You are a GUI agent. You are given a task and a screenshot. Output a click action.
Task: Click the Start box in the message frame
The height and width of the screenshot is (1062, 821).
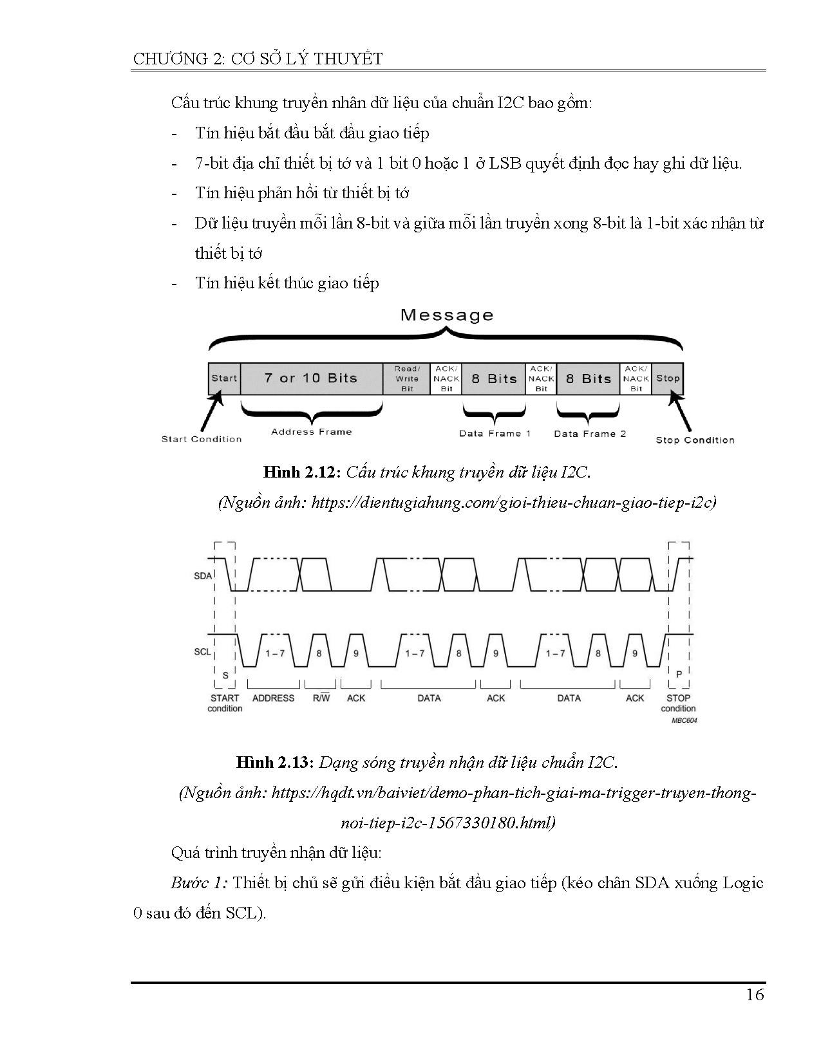(x=224, y=378)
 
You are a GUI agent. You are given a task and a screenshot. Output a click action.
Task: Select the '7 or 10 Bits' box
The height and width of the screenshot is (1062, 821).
(x=311, y=378)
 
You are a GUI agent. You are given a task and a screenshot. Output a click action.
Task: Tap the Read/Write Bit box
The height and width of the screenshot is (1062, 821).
(x=407, y=378)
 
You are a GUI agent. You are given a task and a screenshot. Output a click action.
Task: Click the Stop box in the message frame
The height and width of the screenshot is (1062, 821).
(x=668, y=378)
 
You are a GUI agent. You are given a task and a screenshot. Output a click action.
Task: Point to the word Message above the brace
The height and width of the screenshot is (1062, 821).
(x=446, y=315)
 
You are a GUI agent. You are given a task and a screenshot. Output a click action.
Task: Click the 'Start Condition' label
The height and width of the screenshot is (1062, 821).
(x=201, y=439)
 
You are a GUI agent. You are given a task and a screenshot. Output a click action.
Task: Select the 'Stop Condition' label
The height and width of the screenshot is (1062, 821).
(x=695, y=440)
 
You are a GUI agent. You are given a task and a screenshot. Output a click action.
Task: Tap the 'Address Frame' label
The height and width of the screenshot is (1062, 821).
(x=311, y=432)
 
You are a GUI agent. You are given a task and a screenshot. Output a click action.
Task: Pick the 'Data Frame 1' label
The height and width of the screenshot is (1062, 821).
(x=495, y=433)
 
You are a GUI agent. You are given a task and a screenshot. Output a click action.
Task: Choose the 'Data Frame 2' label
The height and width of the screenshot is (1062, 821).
(x=589, y=434)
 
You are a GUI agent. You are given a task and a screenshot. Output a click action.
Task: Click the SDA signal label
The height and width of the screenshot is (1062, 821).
(x=202, y=575)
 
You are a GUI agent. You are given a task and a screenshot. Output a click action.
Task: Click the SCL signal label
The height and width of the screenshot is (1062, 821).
(x=202, y=652)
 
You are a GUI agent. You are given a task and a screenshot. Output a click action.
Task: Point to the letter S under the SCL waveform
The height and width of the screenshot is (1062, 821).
(x=225, y=675)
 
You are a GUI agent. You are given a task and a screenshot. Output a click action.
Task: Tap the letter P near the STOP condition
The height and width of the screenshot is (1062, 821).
(x=679, y=673)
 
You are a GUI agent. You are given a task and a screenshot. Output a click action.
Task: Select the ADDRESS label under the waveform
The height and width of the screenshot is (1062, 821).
(x=273, y=698)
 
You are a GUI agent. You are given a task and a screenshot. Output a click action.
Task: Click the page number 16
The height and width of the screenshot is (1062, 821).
(x=755, y=994)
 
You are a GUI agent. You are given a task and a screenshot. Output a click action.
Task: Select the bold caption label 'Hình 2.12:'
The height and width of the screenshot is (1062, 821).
(x=301, y=472)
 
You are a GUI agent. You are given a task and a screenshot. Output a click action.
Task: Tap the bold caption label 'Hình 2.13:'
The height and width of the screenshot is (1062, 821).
(x=274, y=763)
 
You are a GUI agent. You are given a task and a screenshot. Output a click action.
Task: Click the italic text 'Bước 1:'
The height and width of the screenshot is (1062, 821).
(x=199, y=882)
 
